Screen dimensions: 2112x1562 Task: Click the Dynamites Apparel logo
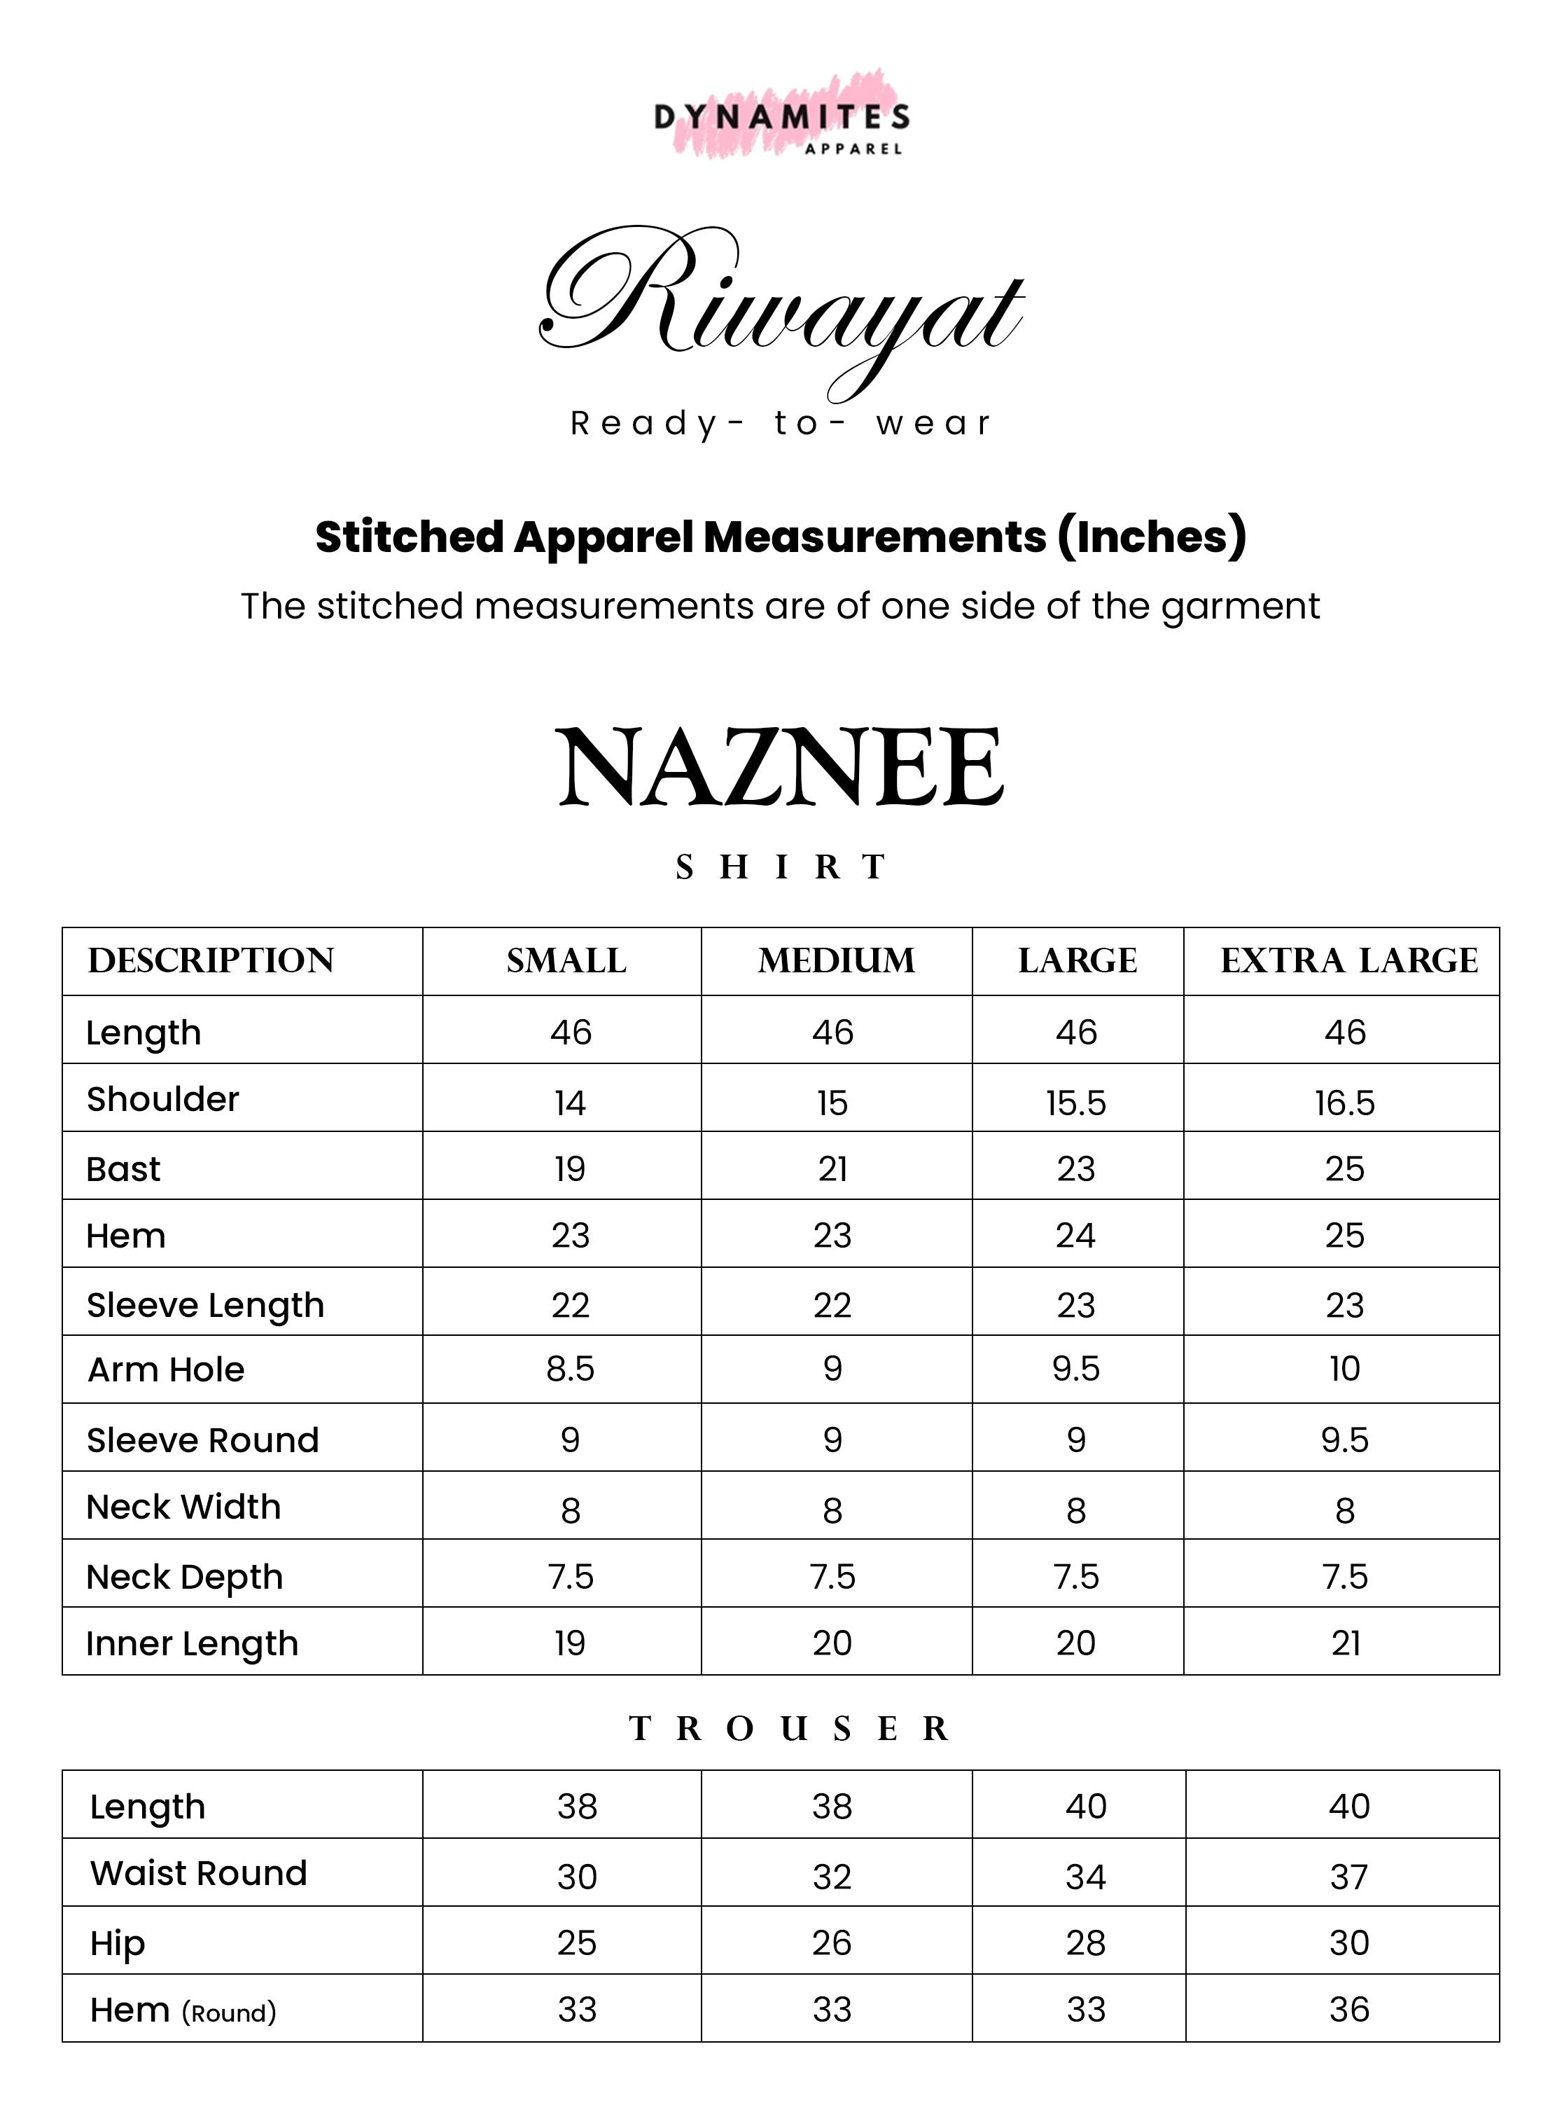tap(781, 118)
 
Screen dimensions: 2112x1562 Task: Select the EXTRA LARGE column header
tap(1348, 961)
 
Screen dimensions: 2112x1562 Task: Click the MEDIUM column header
tap(836, 961)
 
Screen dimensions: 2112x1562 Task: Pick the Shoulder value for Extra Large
tap(1344, 1103)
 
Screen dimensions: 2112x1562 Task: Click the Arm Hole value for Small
tap(570, 1369)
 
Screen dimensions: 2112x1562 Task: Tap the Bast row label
tap(123, 1169)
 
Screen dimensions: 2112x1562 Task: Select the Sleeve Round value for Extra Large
tap(1344, 1440)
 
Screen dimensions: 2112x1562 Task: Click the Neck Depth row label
tap(184, 1577)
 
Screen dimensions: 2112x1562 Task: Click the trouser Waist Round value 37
tap(1348, 1877)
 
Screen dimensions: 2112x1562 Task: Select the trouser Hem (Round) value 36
tap(1348, 2010)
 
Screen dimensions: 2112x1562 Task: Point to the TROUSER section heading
tap(788, 1729)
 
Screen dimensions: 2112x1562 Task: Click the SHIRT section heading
tap(781, 867)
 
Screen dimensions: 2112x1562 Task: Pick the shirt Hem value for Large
tap(1076, 1235)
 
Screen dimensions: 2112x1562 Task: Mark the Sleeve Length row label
tap(205, 1305)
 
